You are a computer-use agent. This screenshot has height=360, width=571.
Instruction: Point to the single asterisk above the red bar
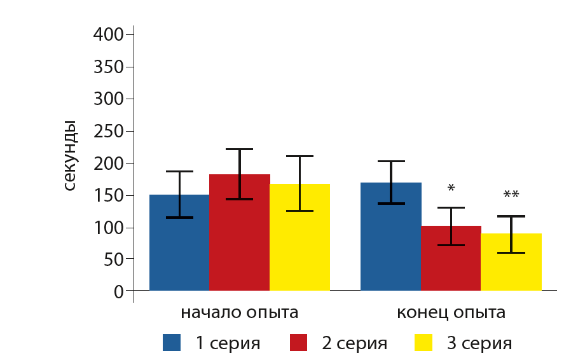click(451, 189)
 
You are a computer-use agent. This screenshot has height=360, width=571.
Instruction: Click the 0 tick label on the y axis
click(118, 292)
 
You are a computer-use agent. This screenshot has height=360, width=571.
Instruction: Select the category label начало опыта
click(240, 313)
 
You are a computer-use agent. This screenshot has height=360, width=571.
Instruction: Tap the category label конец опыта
click(451, 313)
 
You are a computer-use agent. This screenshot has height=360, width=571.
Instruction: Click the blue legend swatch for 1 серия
click(172, 343)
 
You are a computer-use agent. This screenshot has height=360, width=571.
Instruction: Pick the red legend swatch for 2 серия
click(298, 343)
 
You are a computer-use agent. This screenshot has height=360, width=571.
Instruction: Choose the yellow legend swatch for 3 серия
click(423, 343)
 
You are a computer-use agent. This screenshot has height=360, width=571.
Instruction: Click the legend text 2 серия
click(354, 343)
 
